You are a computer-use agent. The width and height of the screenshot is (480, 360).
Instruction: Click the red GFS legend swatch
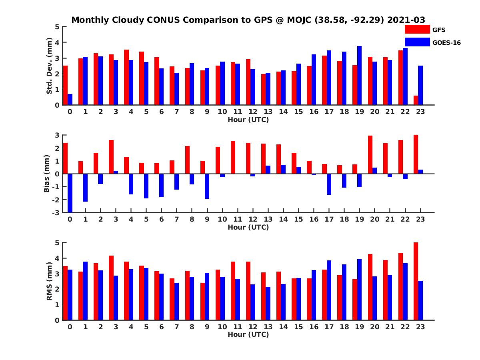click(x=417, y=29)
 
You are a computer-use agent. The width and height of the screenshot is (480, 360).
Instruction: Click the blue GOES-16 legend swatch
click(x=417, y=42)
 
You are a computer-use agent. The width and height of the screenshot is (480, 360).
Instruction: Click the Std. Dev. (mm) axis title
click(x=50, y=66)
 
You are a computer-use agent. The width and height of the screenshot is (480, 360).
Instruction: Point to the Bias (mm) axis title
click(x=46, y=174)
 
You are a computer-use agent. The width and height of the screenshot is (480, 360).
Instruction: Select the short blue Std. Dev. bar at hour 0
click(x=70, y=100)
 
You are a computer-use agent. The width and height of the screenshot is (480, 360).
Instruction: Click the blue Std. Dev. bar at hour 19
click(x=359, y=76)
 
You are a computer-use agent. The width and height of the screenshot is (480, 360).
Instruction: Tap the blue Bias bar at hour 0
click(x=70, y=193)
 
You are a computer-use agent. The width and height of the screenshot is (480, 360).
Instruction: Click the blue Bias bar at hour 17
click(x=329, y=184)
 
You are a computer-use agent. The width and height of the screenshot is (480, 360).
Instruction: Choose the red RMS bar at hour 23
click(x=416, y=281)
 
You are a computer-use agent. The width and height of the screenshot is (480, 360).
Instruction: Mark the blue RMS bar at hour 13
click(x=268, y=303)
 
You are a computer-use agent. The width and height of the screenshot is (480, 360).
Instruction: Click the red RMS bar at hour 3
click(x=111, y=288)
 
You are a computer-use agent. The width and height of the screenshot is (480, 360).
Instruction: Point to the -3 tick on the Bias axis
click(x=56, y=212)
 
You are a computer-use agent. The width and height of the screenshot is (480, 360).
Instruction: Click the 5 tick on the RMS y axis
click(x=57, y=243)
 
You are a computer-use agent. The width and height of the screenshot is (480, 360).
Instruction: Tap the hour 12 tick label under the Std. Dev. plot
click(x=253, y=112)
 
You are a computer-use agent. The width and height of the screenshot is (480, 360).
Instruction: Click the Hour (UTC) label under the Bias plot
click(x=248, y=227)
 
